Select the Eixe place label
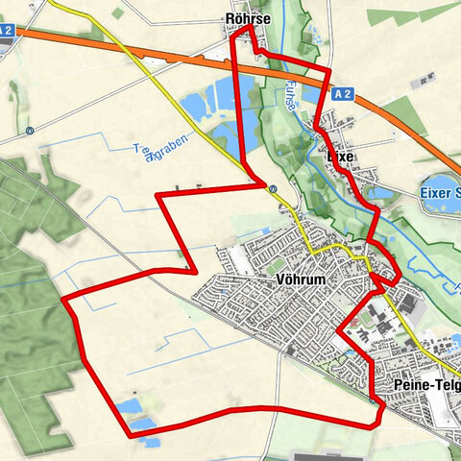[341, 156]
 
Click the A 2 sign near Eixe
[345, 93]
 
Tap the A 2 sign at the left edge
[7, 30]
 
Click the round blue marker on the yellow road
[274, 189]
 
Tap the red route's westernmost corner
[63, 301]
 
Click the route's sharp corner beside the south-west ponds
[131, 438]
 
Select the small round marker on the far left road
[31, 131]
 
